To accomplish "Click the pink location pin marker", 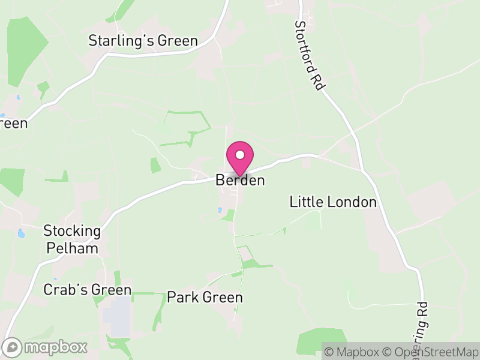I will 240,158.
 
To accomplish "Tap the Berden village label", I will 240,180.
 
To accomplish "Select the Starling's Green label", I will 143,41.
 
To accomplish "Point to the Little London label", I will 333,202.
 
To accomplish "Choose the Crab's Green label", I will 87,290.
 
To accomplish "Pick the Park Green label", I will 205,298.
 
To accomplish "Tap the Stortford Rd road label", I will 308,56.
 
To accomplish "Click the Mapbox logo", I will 46,347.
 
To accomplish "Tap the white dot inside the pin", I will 240,154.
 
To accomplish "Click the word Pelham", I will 71,248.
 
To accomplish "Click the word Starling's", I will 121,41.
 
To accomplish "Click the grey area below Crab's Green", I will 118,315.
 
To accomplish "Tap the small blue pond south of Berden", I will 221,210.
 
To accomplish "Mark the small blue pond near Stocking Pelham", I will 22,233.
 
